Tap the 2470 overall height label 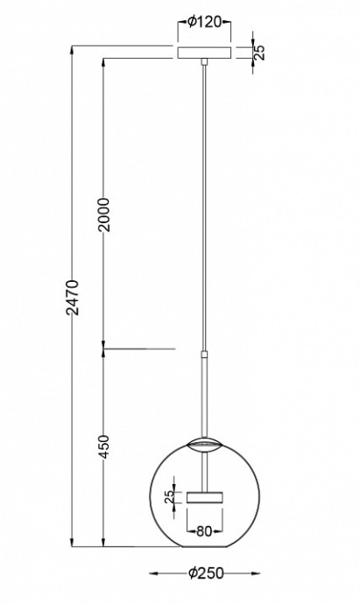point(74,298)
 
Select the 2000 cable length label point(102,214)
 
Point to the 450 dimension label point(102,449)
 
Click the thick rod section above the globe point(204,394)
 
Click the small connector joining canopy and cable point(204,63)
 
